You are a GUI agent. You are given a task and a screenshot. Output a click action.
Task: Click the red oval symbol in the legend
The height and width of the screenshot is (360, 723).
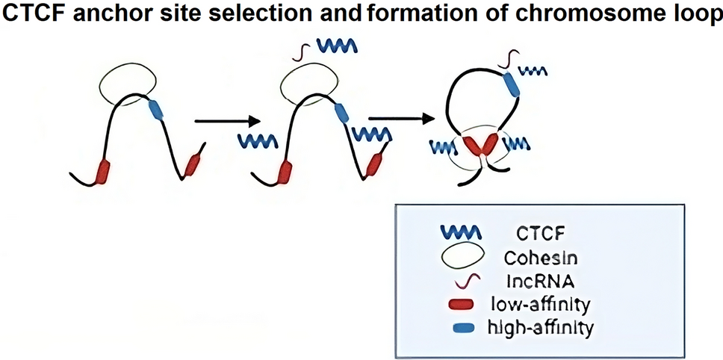tap(465, 304)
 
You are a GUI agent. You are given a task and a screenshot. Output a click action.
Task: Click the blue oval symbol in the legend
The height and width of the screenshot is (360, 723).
tap(465, 327)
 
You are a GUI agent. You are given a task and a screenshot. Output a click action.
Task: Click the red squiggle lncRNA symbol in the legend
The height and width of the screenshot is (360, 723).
tap(465, 280)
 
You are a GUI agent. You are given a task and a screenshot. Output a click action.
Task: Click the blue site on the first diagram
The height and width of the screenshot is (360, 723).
tap(156, 110)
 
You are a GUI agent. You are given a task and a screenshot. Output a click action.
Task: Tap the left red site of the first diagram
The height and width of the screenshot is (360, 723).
tap(103, 170)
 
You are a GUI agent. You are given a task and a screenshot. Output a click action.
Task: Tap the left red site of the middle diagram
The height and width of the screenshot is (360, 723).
tap(285, 171)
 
